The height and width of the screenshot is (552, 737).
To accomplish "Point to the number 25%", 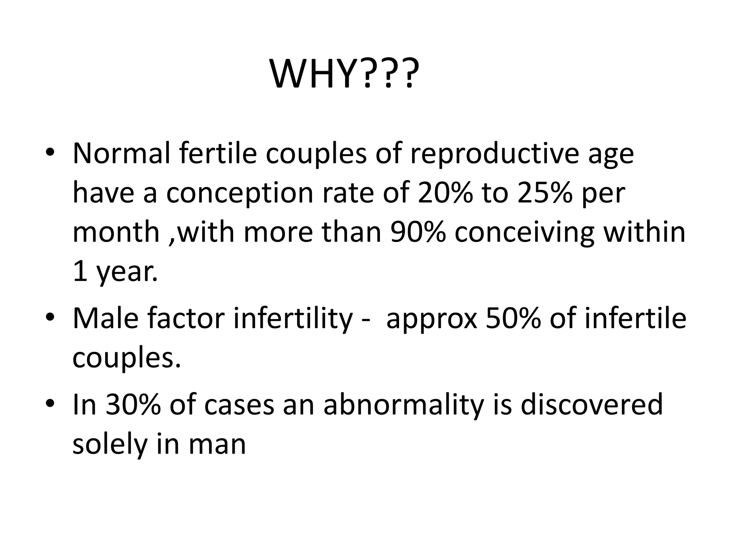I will coord(544,193).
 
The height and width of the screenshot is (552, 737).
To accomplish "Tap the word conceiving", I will coord(524,233).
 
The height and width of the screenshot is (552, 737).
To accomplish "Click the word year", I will coord(127,272).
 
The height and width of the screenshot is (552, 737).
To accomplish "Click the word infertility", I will coord(293,319).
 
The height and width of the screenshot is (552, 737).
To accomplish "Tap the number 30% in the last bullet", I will coord(133,404).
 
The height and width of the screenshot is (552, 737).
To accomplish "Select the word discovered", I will coord(592,404).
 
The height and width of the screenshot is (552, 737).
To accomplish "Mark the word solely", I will coord(110,445).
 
